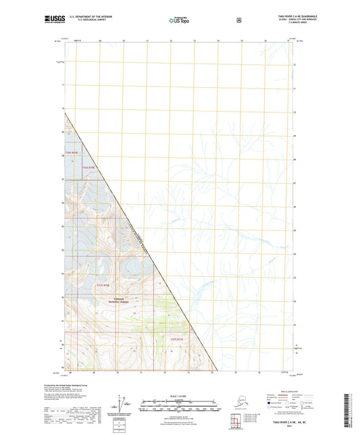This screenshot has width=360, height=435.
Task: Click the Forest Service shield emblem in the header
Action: (x=238, y=20)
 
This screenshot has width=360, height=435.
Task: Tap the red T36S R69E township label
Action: (x=72, y=153)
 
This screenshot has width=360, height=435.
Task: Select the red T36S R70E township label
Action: (x=90, y=167)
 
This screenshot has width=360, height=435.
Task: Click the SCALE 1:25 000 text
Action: (x=180, y=396)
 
